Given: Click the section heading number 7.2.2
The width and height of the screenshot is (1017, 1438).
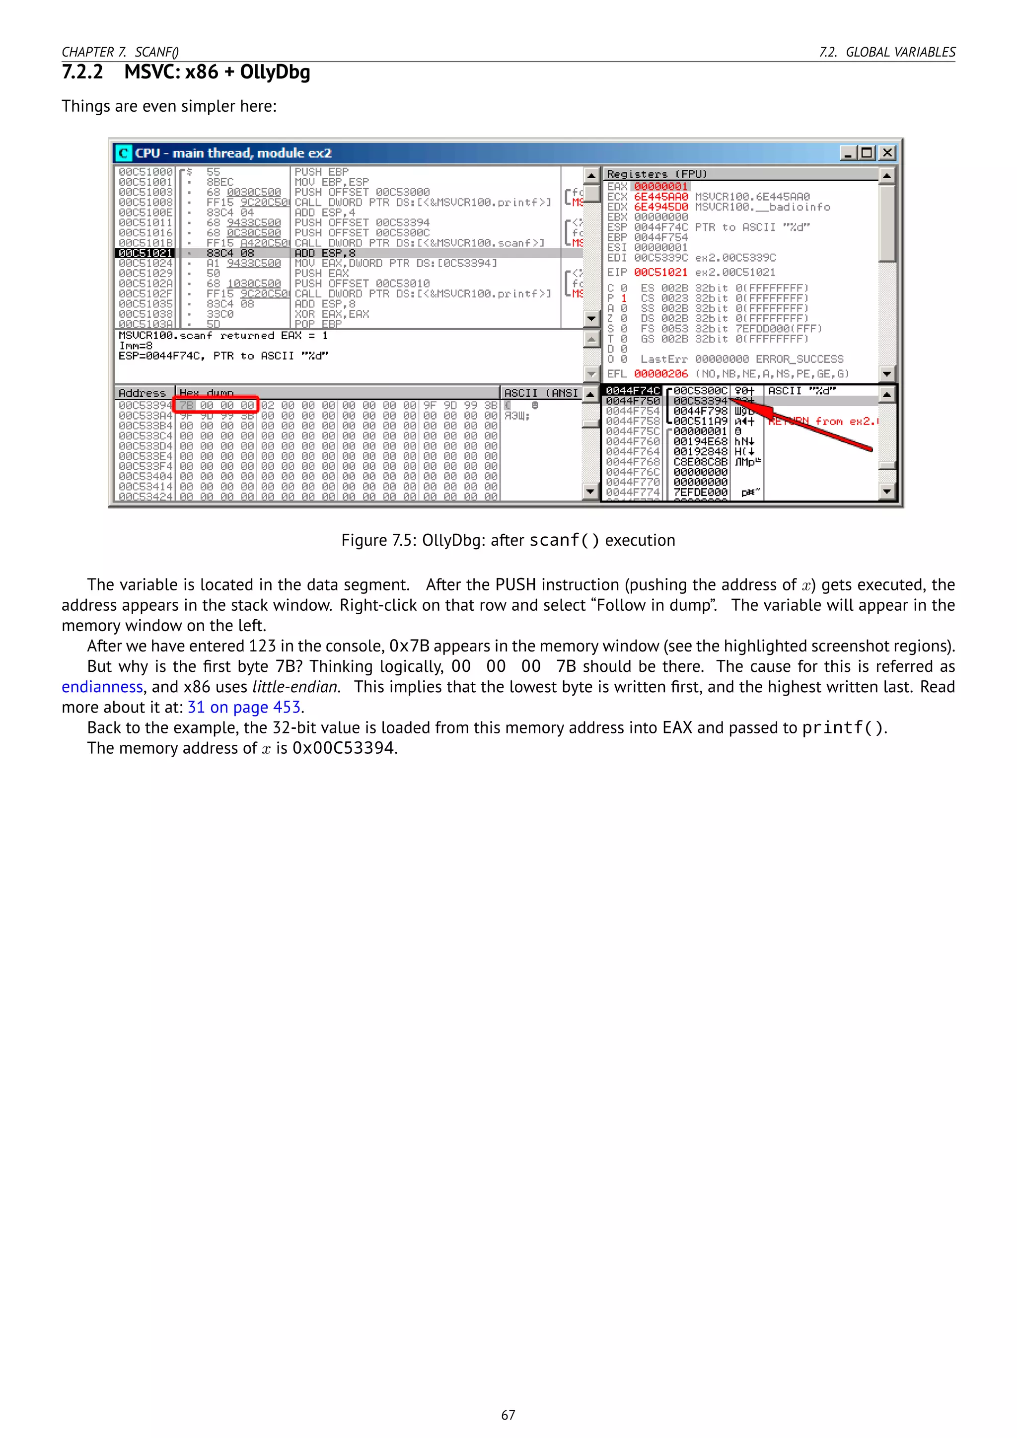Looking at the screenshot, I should pyautogui.click(x=82, y=72).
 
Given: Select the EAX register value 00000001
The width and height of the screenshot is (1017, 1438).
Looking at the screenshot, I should pyautogui.click(x=660, y=187).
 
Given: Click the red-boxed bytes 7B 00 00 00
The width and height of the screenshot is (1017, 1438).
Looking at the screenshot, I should pyautogui.click(x=216, y=405).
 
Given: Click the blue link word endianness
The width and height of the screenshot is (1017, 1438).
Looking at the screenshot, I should pyautogui.click(x=102, y=687).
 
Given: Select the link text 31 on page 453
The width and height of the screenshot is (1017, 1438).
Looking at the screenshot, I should pyautogui.click(x=244, y=708).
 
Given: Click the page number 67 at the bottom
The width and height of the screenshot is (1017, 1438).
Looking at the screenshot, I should pyautogui.click(x=508, y=1415).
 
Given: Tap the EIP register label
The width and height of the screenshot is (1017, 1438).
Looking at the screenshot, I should pyautogui.click(x=616, y=273).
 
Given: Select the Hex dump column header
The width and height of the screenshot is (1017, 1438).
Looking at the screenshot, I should pyautogui.click(x=207, y=393).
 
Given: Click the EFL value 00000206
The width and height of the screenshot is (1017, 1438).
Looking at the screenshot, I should pyautogui.click(x=660, y=374).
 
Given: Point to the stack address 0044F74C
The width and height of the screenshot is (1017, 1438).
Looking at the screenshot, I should pyautogui.click(x=633, y=391).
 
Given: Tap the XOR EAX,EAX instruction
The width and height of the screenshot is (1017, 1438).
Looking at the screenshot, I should pyautogui.click(x=332, y=314).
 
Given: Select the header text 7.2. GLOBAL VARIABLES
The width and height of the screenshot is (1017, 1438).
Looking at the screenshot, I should pyautogui.click(x=887, y=52).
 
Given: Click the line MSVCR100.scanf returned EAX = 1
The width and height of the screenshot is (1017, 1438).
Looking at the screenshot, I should pyautogui.click(x=223, y=336).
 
